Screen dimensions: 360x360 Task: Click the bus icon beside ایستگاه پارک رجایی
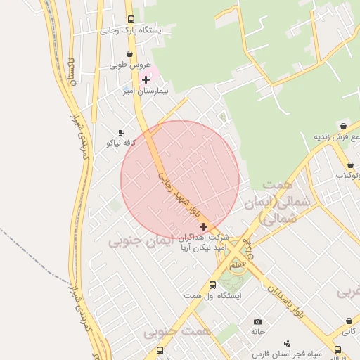[x=131, y=20]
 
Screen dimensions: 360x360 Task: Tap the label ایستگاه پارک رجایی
[x=131, y=31]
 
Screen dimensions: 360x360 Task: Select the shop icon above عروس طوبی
[x=129, y=54]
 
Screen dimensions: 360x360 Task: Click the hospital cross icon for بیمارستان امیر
[x=146, y=79]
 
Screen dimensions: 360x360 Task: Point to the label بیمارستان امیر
[x=146, y=91]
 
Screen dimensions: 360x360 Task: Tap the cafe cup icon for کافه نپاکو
[x=121, y=132]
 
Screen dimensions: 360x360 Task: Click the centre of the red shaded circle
[x=180, y=179]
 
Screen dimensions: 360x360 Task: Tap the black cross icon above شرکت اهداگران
[x=204, y=226]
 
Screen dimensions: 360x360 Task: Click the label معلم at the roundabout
[x=238, y=265]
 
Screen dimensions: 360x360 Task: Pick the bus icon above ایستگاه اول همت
[x=212, y=285]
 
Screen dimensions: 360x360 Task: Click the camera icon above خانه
[x=257, y=321]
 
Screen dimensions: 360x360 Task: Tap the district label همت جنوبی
[x=168, y=332]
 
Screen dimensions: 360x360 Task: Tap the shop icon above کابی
[x=347, y=319]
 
